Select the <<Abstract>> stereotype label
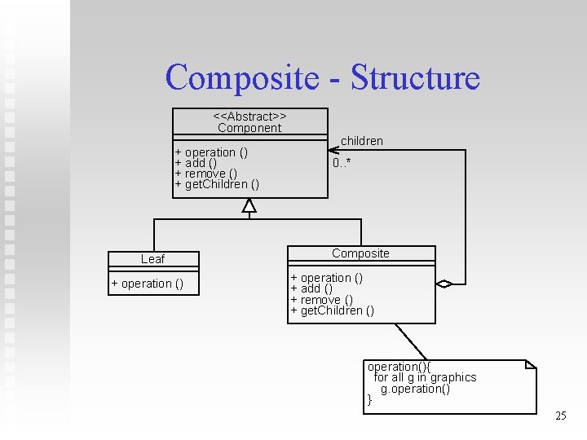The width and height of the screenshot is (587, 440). (x=249, y=117)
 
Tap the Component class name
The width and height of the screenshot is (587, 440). (x=249, y=128)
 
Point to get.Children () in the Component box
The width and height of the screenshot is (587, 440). (x=218, y=184)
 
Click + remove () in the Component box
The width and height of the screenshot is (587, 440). (x=206, y=174)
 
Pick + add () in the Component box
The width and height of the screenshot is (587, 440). (x=196, y=163)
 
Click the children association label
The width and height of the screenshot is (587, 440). (x=362, y=141)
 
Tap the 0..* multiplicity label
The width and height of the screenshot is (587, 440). (x=342, y=163)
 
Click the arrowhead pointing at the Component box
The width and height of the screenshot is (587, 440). (x=333, y=150)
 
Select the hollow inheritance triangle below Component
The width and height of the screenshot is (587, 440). (x=249, y=205)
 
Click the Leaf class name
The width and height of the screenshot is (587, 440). (x=152, y=259)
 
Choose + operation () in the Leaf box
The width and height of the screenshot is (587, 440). (x=148, y=284)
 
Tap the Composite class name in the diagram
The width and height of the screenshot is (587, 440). (x=360, y=253)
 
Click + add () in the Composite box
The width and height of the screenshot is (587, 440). (x=311, y=288)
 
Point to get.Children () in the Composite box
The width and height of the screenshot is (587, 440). (x=333, y=310)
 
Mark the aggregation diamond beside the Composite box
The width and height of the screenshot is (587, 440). (x=444, y=284)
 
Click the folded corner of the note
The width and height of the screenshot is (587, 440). (x=530, y=364)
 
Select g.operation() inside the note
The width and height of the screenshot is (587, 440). (x=415, y=389)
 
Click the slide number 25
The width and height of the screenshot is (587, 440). (x=560, y=416)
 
